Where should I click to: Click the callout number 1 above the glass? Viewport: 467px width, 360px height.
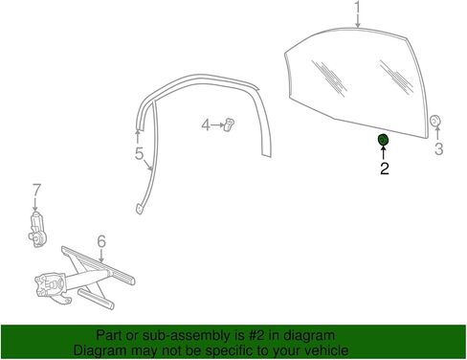[x=358, y=7]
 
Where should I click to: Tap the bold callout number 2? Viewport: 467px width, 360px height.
[x=385, y=169]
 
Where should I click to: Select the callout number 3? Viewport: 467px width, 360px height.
[x=439, y=149]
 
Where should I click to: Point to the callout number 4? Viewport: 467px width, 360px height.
[x=206, y=124]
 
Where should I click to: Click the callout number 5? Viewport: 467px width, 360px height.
[x=140, y=154]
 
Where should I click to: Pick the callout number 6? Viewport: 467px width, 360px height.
[x=101, y=241]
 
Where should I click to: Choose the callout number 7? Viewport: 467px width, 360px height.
[x=36, y=190]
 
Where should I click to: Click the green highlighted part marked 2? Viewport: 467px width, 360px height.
[x=383, y=140]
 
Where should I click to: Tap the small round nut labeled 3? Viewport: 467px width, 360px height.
[x=434, y=121]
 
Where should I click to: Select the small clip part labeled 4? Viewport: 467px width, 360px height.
[x=229, y=124]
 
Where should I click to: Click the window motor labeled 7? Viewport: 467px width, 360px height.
[x=37, y=229]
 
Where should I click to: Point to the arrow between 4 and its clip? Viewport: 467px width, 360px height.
[x=218, y=125]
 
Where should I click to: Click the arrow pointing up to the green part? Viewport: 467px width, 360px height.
[x=383, y=153]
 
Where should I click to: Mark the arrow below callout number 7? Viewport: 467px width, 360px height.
[x=35, y=204]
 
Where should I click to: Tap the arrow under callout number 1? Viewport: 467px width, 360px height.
[x=358, y=21]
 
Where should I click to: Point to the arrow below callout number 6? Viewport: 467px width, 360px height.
[x=101, y=256]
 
